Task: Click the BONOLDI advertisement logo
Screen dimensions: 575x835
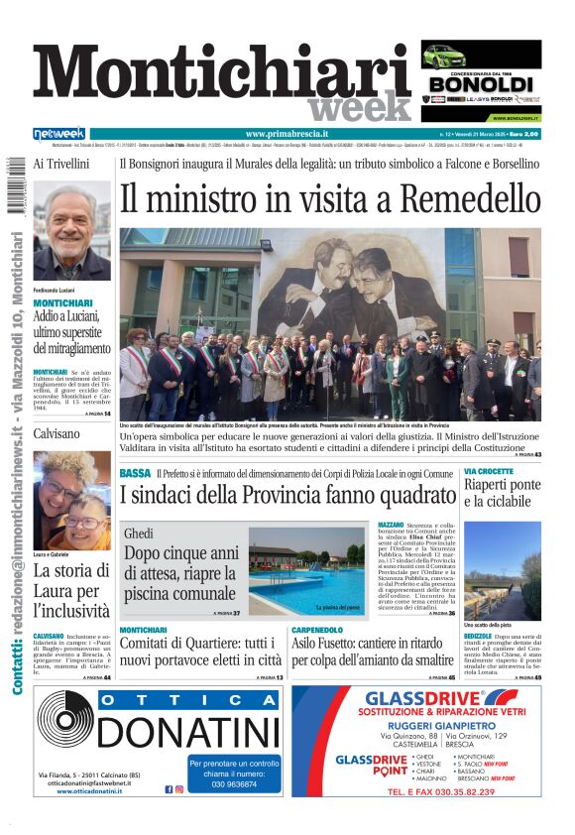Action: click(480, 84)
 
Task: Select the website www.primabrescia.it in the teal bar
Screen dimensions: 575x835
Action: click(287, 134)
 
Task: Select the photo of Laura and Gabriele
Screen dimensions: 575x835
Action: click(72, 501)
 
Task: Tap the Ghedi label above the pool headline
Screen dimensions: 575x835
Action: click(139, 534)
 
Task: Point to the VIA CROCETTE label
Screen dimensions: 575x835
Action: click(489, 470)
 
